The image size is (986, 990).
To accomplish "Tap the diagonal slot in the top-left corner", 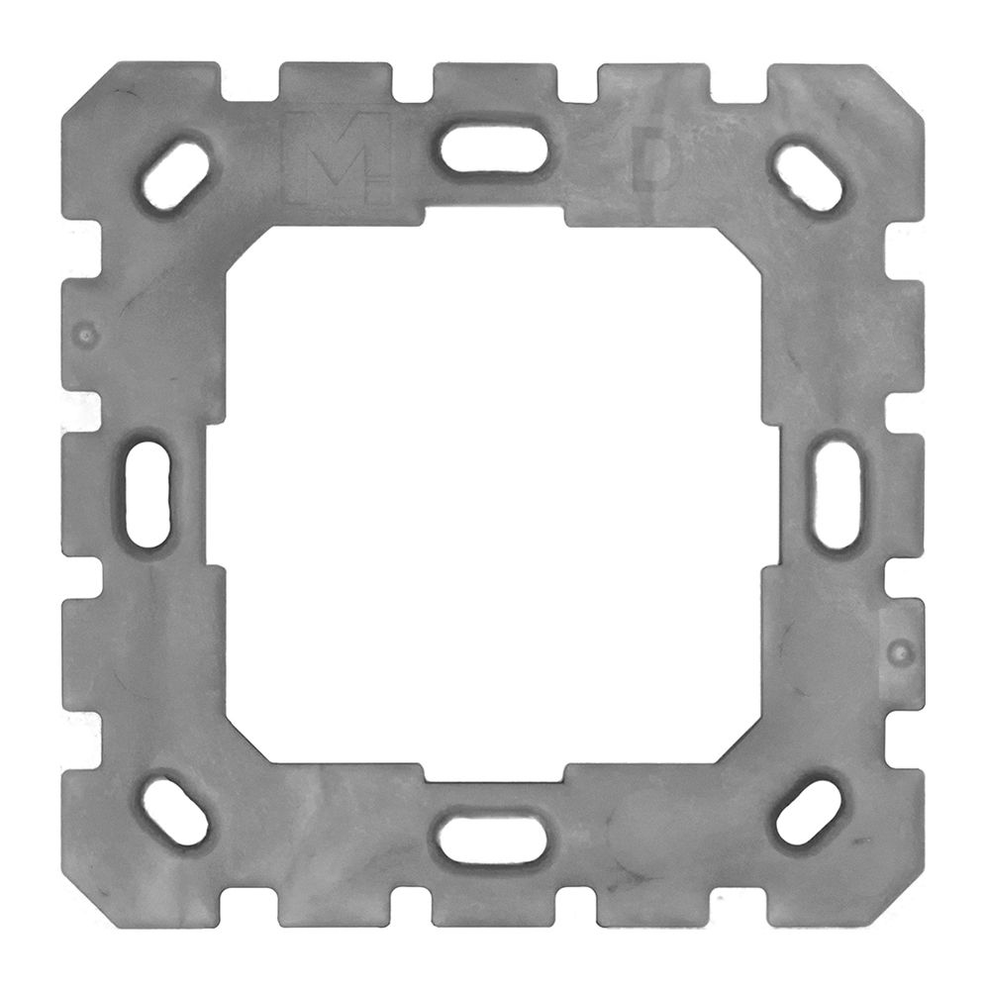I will click(175, 177).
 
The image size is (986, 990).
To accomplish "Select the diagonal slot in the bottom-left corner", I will click(175, 810).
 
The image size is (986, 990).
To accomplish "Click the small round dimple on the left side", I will click(87, 334).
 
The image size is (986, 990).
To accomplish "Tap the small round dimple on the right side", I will click(899, 652).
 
